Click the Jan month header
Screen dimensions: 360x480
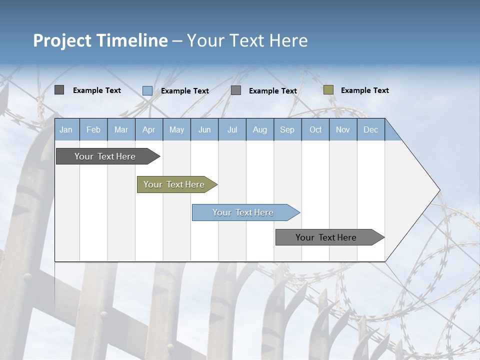[x=66, y=130]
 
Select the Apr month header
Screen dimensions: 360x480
[x=148, y=130]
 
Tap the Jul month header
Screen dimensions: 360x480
[x=232, y=130]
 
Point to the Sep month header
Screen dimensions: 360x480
[x=287, y=130]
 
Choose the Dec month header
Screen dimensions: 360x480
[x=370, y=130]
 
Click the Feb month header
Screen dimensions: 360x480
[x=93, y=130]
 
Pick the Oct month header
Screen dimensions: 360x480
[x=315, y=130]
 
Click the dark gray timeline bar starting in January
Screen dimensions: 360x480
[x=105, y=156]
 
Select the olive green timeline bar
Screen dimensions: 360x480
[x=174, y=184]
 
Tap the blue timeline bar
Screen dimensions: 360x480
[x=242, y=212]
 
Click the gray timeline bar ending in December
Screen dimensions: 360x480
[x=326, y=237]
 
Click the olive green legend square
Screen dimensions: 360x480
[x=328, y=90]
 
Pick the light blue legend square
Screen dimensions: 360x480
[x=147, y=90]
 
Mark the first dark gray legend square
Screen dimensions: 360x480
[x=59, y=90]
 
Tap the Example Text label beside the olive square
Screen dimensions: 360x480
[x=364, y=90]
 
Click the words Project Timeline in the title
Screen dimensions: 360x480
[x=100, y=40]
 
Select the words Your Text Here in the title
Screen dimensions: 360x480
[x=247, y=40]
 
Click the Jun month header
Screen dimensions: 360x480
[x=204, y=130]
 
